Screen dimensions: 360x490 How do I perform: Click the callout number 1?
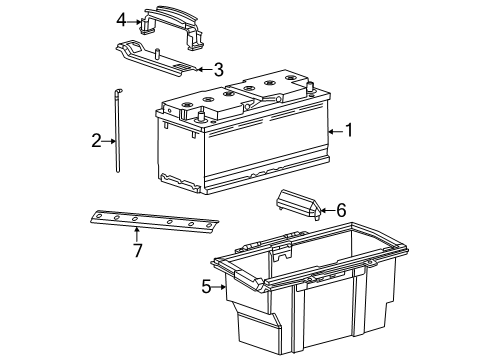tap(349, 130)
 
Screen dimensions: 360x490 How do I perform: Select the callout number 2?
tap(97, 141)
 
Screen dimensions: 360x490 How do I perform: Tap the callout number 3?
tap(218, 69)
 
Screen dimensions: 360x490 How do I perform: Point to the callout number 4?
tap(121, 19)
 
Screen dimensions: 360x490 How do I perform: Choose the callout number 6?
tap(341, 210)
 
